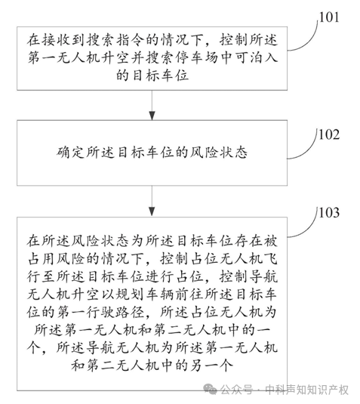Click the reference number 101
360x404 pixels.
click(x=329, y=17)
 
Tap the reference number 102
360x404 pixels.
click(x=329, y=134)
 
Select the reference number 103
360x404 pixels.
click(x=329, y=213)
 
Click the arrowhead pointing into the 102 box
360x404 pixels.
click(x=152, y=116)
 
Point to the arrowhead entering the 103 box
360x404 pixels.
click(x=152, y=211)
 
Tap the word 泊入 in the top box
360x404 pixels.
click(x=263, y=57)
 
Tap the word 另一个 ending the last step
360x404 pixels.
click(x=211, y=365)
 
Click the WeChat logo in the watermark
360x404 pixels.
click(x=210, y=390)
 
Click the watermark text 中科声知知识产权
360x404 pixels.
click(x=306, y=390)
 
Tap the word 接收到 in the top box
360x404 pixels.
click(x=63, y=40)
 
